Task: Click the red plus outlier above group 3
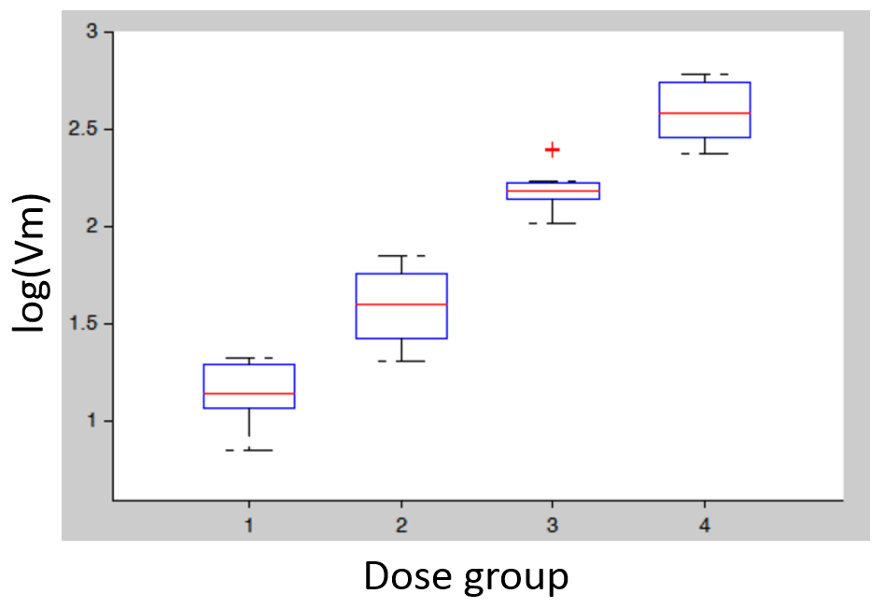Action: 553,149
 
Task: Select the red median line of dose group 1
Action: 249,393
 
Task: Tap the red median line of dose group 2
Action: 401,304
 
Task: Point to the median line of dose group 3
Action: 553,191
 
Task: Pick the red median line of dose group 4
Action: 705,113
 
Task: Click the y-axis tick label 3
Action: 91,32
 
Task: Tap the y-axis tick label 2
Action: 91,226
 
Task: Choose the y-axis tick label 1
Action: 91,421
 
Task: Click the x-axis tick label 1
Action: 249,526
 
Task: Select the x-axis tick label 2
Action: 401,526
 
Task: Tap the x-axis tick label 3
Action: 553,526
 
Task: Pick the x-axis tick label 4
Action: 705,526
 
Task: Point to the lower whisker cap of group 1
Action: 249,450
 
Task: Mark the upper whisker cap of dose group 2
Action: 401,255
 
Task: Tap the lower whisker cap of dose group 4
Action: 705,153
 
